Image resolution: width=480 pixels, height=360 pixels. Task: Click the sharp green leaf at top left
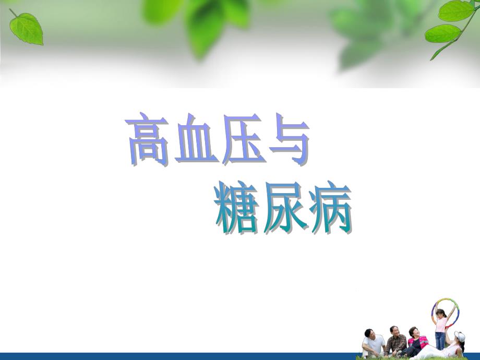coord(27,28)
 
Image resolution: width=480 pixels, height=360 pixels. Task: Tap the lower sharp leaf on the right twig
coord(442,33)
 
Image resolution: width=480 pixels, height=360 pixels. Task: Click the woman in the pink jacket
coord(417,344)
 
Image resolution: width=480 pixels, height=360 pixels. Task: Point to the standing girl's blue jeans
coord(440,340)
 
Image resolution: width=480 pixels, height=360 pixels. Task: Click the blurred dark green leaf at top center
coord(206,29)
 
